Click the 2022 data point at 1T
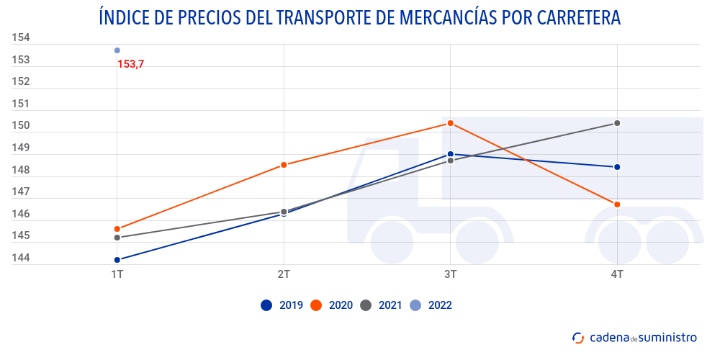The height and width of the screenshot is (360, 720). tap(117, 50)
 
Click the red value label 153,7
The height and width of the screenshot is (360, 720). tap(130, 64)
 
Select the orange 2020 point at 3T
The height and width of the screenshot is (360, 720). tap(450, 123)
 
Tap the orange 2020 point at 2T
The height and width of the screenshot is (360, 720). tap(284, 165)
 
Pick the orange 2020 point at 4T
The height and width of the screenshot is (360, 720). tap(617, 204)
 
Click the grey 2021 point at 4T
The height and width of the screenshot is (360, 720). tap(617, 123)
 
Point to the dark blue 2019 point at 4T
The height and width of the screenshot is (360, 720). tap(617, 167)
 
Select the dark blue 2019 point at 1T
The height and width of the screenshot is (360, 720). tap(117, 260)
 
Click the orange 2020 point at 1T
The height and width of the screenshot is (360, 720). tap(117, 229)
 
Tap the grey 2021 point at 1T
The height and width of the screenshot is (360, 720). tap(117, 238)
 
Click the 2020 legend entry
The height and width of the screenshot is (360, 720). tap(331, 305)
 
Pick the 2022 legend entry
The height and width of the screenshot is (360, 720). tap(430, 305)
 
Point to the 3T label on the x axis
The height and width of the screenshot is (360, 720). tap(450, 274)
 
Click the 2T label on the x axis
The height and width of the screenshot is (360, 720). tap(284, 274)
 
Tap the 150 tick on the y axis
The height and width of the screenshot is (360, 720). tap(20, 126)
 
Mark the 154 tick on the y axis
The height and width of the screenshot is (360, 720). tap(20, 37)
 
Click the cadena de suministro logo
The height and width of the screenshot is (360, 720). tap(634, 337)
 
